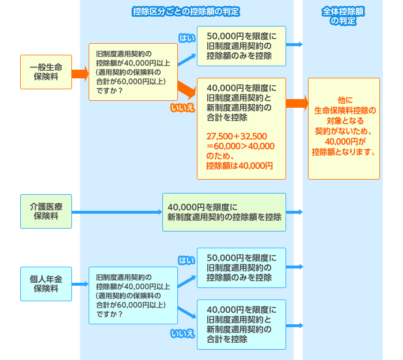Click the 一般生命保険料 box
pyautogui.click(x=46, y=72)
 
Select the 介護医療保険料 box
pyautogui.click(x=46, y=211)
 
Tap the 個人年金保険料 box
pyautogui.click(x=46, y=284)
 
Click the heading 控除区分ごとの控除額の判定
pyautogui.click(x=186, y=12)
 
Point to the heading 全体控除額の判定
pyautogui.click(x=343, y=16)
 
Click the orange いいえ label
pyautogui.click(x=183, y=108)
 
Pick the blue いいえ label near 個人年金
pyautogui.click(x=183, y=334)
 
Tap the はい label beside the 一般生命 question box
pyautogui.click(x=187, y=38)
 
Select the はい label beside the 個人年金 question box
pyautogui.click(x=187, y=260)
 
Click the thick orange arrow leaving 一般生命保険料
pyautogui.click(x=80, y=74)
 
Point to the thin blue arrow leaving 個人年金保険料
pyautogui.click(x=80, y=284)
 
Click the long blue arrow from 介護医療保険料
pyautogui.click(x=117, y=212)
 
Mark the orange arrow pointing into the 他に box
pyautogui.click(x=297, y=103)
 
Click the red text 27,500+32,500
pyautogui.click(x=237, y=137)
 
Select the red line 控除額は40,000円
pyautogui.click(x=239, y=166)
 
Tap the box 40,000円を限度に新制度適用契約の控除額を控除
pyautogui.click(x=224, y=212)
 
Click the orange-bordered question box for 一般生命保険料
pyautogui.click(x=133, y=72)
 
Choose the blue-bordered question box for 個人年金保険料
pyautogui.click(x=133, y=295)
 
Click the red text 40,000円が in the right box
pyautogui.click(x=345, y=142)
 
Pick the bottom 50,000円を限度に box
pyautogui.click(x=241, y=268)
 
